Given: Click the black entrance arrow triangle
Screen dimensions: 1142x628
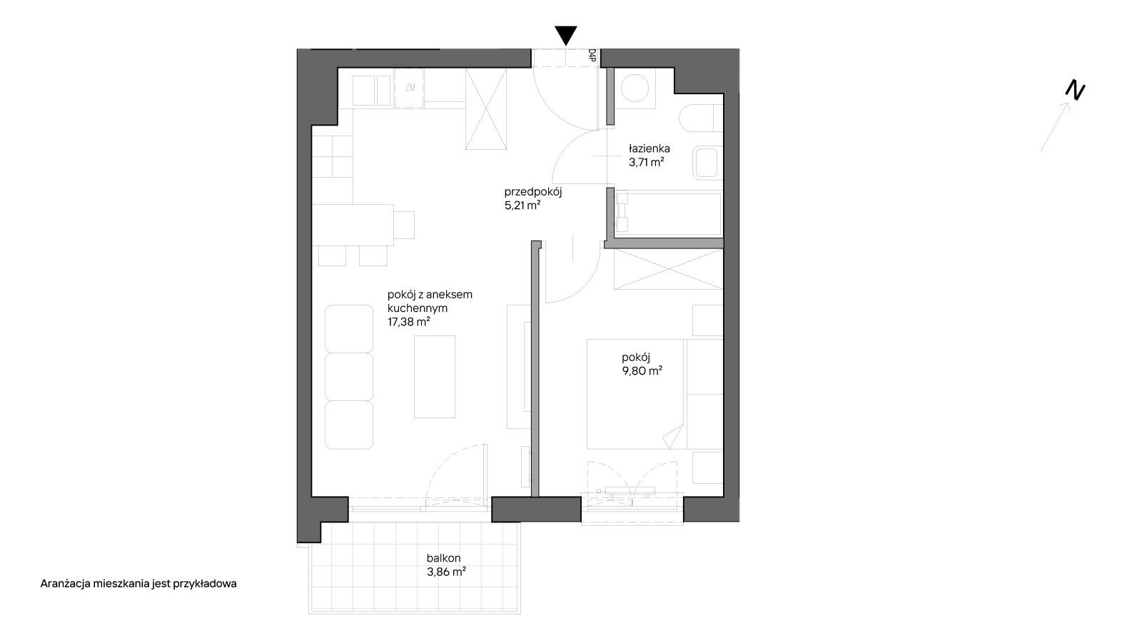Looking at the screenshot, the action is (x=566, y=35).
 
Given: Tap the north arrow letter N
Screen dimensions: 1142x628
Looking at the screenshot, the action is (x=1075, y=91).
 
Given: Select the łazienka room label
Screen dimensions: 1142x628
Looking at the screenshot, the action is (x=649, y=149).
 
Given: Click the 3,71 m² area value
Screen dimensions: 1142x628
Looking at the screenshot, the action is (x=647, y=163).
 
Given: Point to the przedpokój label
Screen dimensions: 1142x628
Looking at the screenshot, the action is (x=532, y=192).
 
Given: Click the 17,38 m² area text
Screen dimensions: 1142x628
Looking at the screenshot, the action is (x=409, y=322).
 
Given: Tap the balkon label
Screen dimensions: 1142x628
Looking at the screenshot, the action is (x=443, y=558).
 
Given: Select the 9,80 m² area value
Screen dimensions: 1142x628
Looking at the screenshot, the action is (x=642, y=371).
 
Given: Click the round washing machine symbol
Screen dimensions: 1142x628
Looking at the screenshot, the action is (x=635, y=88).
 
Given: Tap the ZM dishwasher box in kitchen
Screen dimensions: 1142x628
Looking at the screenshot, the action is (x=410, y=88).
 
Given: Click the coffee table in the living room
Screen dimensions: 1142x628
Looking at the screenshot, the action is (x=435, y=377).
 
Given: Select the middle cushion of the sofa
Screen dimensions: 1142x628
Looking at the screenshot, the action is (x=349, y=377).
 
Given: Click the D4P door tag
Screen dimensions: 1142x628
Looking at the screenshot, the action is (x=592, y=55).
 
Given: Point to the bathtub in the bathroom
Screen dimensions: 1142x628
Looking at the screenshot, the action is (x=668, y=213).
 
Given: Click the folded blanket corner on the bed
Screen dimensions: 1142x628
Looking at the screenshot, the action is (x=673, y=437).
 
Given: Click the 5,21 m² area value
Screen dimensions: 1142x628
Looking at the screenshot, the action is (x=522, y=206).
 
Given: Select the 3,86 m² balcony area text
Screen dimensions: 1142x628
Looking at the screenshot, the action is (x=447, y=572).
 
